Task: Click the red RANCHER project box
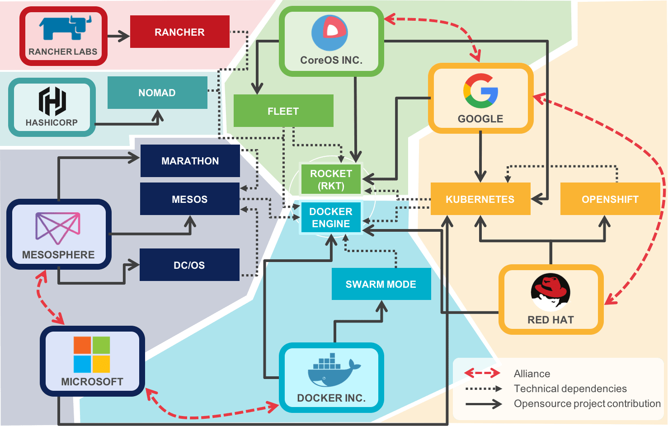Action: [179, 32]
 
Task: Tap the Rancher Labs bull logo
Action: [65, 28]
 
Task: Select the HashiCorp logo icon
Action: [52, 101]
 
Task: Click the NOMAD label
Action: [157, 93]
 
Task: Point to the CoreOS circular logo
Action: [329, 33]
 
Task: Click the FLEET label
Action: [283, 112]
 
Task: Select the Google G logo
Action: [480, 91]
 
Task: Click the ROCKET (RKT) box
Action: [331, 180]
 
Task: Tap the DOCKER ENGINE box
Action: [331, 218]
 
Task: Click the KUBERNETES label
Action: [480, 200]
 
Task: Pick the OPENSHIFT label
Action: [610, 200]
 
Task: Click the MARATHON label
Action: [190, 161]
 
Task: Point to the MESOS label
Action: [189, 200]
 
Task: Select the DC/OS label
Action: [189, 266]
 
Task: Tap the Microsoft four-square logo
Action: [92, 354]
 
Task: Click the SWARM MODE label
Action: [381, 285]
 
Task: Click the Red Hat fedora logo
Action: [550, 292]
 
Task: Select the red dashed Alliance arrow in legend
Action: [482, 373]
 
